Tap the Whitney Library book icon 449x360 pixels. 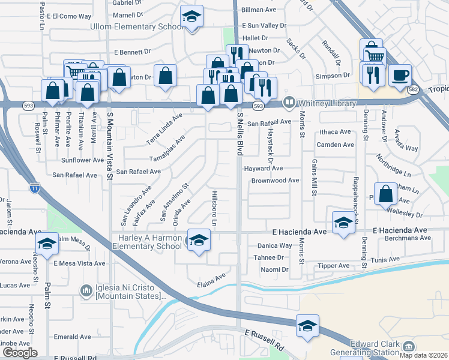point(289,103)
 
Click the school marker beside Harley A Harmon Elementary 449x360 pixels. point(197,241)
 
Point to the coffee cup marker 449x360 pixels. point(399,76)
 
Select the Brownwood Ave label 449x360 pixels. point(275,180)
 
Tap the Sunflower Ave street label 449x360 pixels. point(83,160)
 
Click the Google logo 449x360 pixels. point(20,353)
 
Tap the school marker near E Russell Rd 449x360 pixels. point(307,326)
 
